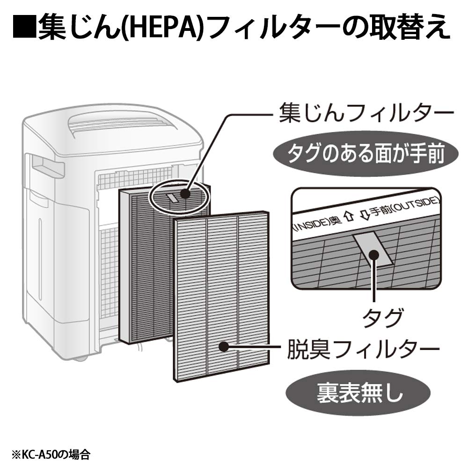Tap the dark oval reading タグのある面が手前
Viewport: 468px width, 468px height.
[x=366, y=154]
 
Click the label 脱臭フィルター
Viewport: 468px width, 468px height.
[x=363, y=348]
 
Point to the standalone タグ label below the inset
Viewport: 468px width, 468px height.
[x=382, y=318]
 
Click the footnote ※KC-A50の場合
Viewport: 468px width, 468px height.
[x=51, y=455]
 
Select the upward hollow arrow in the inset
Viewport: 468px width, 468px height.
[x=349, y=216]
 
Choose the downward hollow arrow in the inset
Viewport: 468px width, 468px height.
[x=364, y=214]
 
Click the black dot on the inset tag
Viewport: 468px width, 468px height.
[x=373, y=256]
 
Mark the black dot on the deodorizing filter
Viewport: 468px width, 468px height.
[x=224, y=347]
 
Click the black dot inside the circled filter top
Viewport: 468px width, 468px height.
[x=185, y=194]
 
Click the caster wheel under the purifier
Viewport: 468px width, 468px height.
[x=80, y=358]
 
